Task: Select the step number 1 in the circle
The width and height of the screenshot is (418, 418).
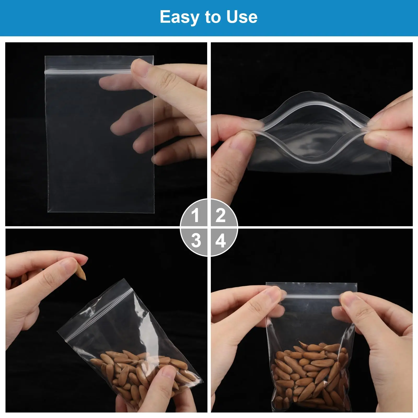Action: click(x=195, y=216)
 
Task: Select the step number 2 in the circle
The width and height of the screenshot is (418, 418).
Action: click(x=220, y=215)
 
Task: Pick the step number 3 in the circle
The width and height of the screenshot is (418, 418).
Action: click(x=196, y=240)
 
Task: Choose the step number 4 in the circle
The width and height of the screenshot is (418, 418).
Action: click(x=221, y=241)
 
